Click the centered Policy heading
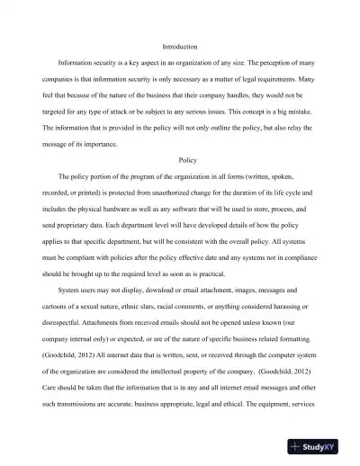tap(188, 160)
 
